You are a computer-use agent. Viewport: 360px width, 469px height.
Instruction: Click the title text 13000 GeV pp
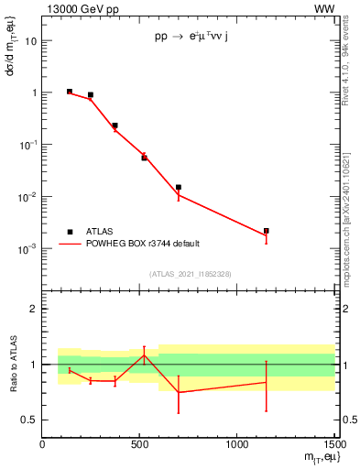point(77,8)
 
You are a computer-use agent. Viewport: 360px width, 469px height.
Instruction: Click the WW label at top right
point(325,8)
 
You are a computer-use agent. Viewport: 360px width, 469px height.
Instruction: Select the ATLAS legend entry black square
point(70,232)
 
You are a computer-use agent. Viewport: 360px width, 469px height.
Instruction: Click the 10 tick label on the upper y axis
point(30,41)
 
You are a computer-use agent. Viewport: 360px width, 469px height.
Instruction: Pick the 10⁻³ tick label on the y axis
point(27,249)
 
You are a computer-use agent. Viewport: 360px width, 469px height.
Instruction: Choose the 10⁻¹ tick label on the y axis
point(27,145)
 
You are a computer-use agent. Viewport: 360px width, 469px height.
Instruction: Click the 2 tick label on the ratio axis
point(32,310)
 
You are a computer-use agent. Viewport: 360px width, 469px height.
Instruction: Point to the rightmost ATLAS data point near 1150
point(267,231)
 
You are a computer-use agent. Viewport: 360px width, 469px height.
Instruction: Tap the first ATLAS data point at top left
point(70,92)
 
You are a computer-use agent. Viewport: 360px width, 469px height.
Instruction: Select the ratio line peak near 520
point(144,355)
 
